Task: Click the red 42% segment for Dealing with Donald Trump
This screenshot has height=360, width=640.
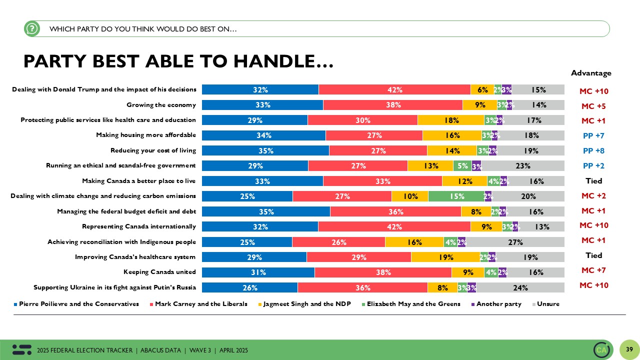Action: point(394,90)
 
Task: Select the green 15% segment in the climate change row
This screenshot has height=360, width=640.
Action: point(456,196)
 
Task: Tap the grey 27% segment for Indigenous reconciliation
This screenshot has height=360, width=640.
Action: point(515,242)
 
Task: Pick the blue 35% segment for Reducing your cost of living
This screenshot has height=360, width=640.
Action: point(265,151)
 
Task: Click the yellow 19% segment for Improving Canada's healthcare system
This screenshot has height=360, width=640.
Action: point(445,257)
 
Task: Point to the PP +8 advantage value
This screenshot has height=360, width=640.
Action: point(593,151)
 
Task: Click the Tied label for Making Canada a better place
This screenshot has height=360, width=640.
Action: point(593,181)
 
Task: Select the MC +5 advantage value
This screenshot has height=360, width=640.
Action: point(593,106)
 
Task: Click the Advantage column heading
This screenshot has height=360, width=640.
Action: point(591,73)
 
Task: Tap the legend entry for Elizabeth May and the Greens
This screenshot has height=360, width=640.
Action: point(413,304)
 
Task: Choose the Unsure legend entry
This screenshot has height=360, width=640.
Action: point(548,304)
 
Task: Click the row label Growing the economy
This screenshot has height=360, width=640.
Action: point(161,105)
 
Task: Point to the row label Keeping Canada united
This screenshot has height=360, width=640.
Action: point(159,272)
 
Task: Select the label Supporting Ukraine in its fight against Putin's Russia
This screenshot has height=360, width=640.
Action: point(114,287)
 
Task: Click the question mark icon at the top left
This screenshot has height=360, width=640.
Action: point(31,29)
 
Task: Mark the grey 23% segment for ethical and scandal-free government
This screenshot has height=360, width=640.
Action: point(523,166)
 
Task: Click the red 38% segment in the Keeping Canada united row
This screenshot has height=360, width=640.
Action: point(383,272)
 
